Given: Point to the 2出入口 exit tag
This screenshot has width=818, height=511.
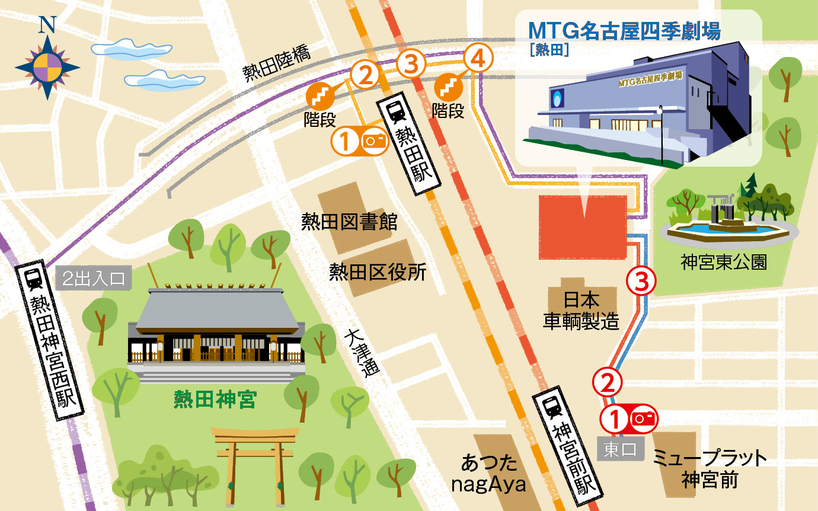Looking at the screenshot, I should (94, 279).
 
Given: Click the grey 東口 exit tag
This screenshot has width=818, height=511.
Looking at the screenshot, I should (621, 449).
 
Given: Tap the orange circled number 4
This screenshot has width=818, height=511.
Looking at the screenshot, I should (478, 59).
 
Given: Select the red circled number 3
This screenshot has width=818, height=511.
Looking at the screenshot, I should (642, 281).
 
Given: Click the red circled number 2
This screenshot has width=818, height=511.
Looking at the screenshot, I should (608, 382).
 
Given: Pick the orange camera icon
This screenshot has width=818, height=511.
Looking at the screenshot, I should (375, 141).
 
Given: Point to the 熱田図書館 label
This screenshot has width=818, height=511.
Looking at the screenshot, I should (349, 223).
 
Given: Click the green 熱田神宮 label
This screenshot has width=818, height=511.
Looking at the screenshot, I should (215, 399).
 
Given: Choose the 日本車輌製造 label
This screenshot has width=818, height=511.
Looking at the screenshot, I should (581, 309).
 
